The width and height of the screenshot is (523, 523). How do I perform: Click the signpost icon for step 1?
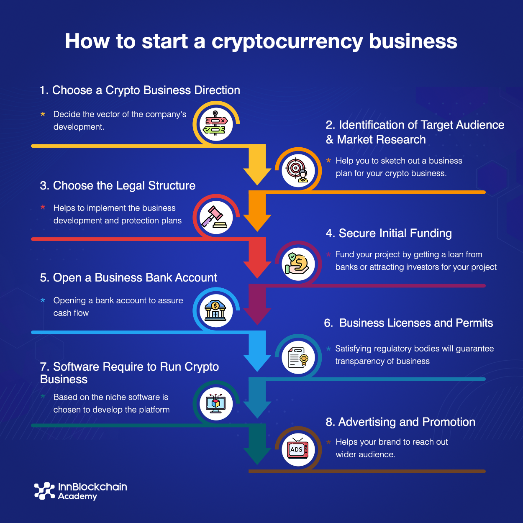pyautogui.click(x=215, y=124)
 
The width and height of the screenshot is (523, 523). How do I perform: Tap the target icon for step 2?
pyautogui.click(x=297, y=170)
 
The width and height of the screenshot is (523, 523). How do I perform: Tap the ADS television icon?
pyautogui.click(x=297, y=450)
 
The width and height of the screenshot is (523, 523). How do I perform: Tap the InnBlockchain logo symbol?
pyautogui.click(x=44, y=491)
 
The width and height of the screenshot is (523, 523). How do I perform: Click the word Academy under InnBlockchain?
pyautogui.click(x=77, y=497)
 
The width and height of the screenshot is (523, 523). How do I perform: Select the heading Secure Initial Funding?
pyautogui.click(x=389, y=233)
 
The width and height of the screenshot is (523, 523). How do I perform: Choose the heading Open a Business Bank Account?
pyautogui.click(x=128, y=277)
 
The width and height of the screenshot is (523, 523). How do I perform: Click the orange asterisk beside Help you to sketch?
pyautogui.click(x=329, y=161)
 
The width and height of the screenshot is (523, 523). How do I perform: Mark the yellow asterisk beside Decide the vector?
pyautogui.click(x=43, y=114)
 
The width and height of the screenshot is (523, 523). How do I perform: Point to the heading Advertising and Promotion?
pyautogui.click(x=400, y=422)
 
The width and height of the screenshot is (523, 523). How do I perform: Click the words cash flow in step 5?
pyautogui.click(x=71, y=313)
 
